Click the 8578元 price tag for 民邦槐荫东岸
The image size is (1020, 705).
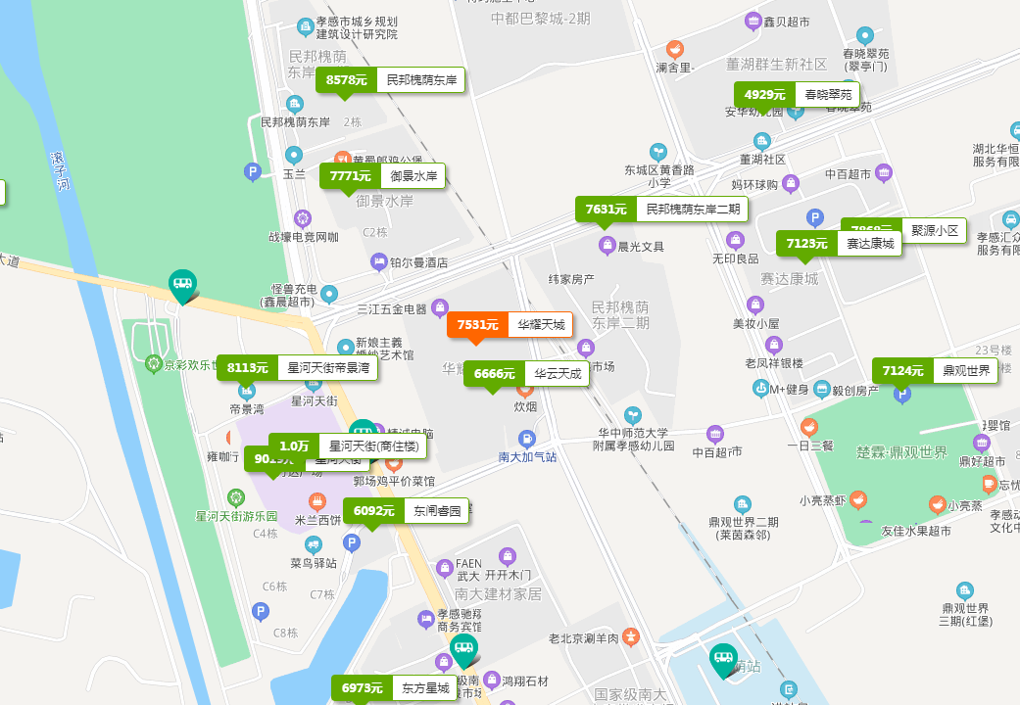[x=390, y=80]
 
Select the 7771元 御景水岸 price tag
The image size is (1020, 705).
[x=382, y=176]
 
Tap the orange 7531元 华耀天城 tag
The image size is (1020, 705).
[x=510, y=324]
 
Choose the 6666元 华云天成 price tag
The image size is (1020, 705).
[x=526, y=373]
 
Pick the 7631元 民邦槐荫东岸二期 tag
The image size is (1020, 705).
[x=661, y=209]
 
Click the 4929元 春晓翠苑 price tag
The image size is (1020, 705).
[x=797, y=95]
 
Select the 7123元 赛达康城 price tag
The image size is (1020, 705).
[x=839, y=244]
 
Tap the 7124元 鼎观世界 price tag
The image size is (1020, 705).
[x=935, y=371]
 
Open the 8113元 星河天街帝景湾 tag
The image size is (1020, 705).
[x=297, y=368]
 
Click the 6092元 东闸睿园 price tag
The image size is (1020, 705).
[x=406, y=510]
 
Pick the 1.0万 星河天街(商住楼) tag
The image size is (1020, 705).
[x=348, y=446]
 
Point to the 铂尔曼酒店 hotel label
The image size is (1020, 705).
[x=418, y=262]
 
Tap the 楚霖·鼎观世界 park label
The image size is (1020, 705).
[x=901, y=452]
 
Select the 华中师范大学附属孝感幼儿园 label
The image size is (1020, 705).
[x=633, y=439]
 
